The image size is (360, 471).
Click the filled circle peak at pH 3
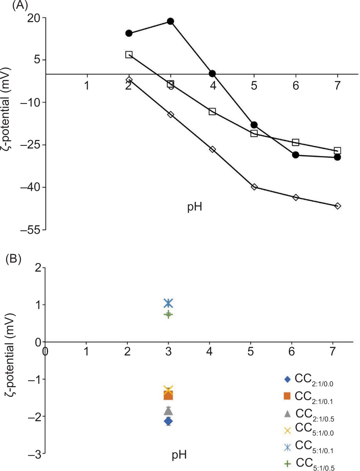tap(170, 21)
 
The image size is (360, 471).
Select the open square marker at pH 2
tap(129, 55)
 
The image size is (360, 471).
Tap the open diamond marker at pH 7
tap(338, 206)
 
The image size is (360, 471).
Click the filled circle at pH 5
tap(254, 125)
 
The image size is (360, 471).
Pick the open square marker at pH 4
tap(212, 112)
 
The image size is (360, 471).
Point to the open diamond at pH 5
tap(254, 187)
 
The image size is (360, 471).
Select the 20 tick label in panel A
tap(35, 18)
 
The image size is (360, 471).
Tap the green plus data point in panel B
tap(168, 314)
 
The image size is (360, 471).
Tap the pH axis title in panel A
tap(195, 208)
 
